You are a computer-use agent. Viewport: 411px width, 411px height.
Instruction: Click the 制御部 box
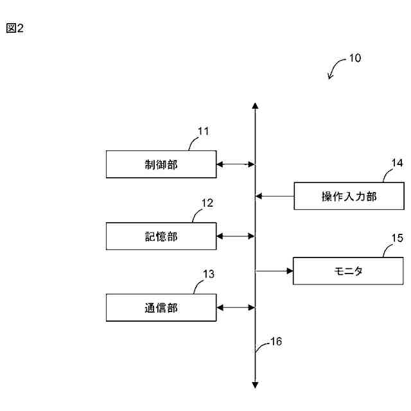coord(161,164)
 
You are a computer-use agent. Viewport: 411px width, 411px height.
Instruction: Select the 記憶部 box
coord(161,236)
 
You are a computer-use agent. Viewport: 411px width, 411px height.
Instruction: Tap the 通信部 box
coord(161,308)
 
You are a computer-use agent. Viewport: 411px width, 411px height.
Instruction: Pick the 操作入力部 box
coord(349,196)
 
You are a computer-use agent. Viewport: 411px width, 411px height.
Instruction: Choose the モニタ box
coord(349,271)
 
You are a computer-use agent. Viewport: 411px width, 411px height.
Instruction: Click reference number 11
coord(204,132)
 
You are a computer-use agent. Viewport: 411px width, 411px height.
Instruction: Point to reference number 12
coord(207,203)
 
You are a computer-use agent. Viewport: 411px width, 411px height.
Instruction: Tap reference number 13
coord(209,274)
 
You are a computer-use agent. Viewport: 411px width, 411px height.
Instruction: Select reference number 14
coord(396,162)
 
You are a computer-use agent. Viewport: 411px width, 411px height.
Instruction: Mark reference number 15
coord(398,238)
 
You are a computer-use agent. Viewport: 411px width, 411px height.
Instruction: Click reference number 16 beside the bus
coord(275,341)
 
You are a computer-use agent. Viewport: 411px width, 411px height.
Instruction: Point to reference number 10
coord(354,58)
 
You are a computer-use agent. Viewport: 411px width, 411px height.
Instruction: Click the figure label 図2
coord(15,29)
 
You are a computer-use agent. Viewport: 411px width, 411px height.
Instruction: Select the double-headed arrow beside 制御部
coord(235,164)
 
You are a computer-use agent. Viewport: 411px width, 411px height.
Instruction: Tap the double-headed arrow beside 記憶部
coord(235,236)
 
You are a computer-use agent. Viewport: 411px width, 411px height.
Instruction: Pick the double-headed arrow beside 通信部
coord(235,308)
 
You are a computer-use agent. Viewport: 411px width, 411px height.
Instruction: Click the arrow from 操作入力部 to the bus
coord(274,196)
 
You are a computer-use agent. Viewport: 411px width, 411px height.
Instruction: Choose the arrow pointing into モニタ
coord(274,271)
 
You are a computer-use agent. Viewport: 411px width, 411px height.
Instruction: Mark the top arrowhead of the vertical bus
coord(256,106)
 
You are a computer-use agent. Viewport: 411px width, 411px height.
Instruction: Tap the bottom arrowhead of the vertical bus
coord(256,385)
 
